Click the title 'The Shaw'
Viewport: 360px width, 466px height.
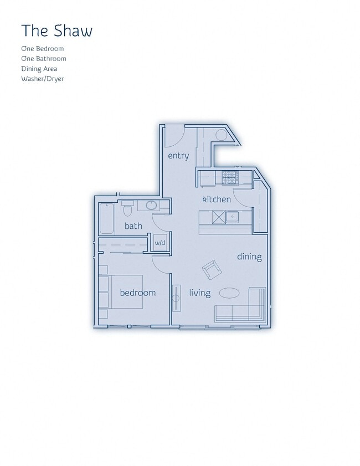click(x=56, y=31)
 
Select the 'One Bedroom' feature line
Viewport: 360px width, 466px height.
click(x=43, y=49)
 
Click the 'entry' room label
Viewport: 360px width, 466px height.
click(x=178, y=156)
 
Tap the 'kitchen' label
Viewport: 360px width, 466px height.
click(x=216, y=199)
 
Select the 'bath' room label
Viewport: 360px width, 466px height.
click(x=133, y=226)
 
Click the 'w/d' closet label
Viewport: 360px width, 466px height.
click(x=160, y=243)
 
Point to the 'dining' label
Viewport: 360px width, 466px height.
click(x=249, y=257)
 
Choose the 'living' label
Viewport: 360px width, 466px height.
click(x=199, y=293)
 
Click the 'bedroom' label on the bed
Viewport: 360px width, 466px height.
click(x=138, y=293)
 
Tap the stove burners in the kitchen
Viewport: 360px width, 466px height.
click(x=230, y=178)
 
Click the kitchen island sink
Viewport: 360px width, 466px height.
click(x=232, y=217)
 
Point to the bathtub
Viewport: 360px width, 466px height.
click(x=106, y=219)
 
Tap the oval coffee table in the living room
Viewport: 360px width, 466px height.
click(x=229, y=293)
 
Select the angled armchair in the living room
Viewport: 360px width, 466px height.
click(x=212, y=270)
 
